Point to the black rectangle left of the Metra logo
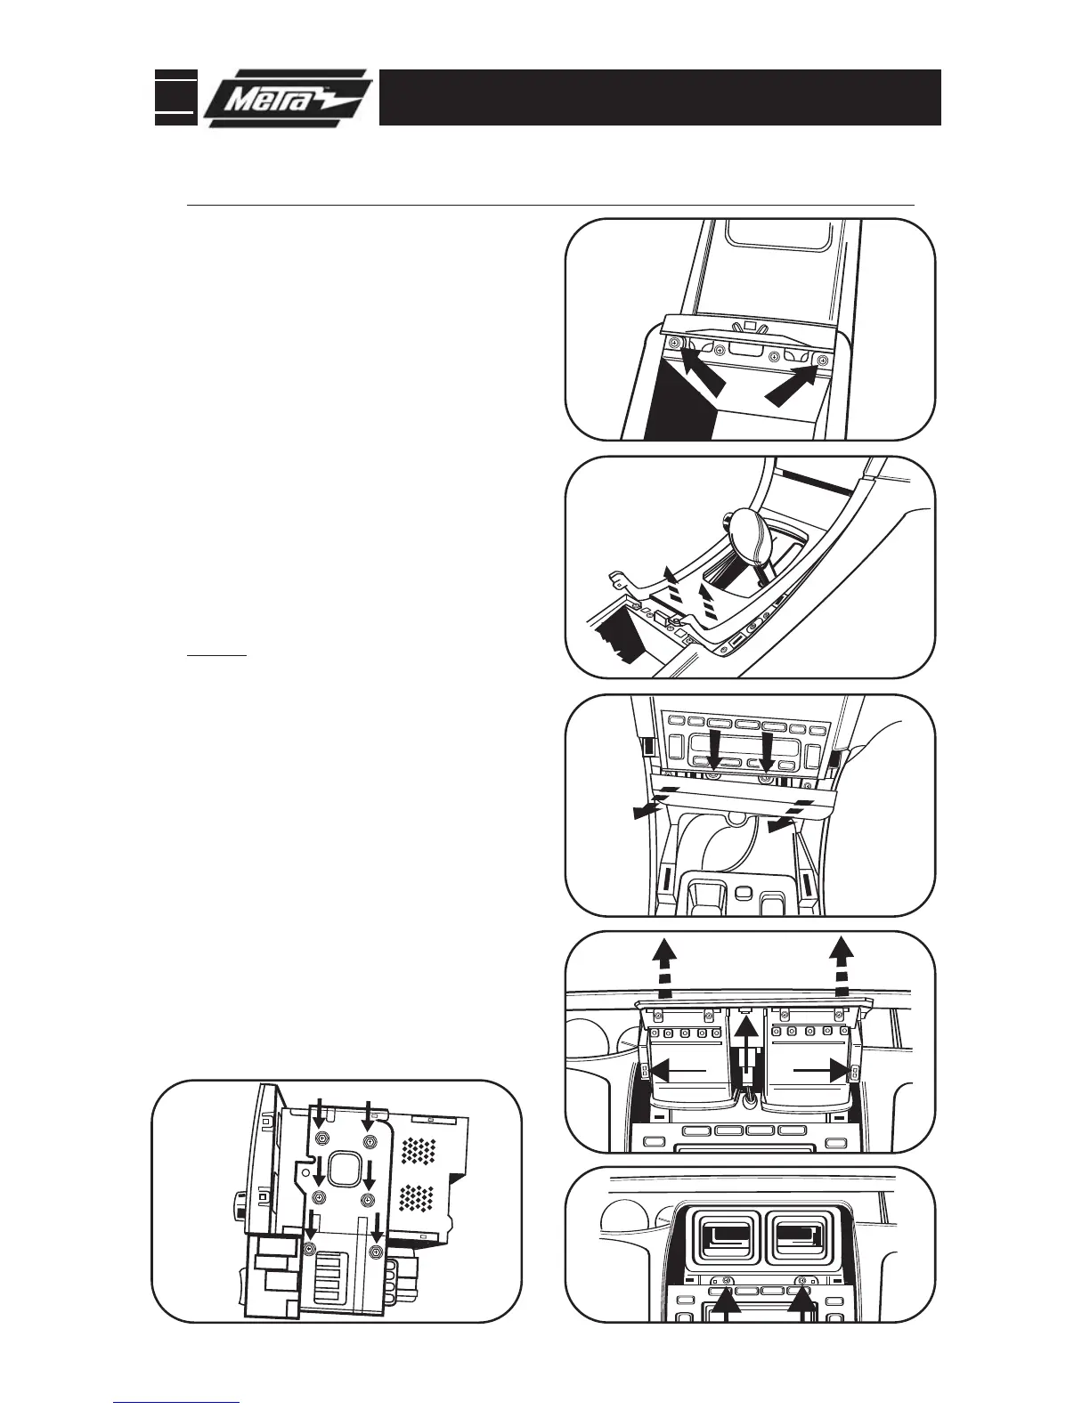(175, 97)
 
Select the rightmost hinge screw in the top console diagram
(822, 360)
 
